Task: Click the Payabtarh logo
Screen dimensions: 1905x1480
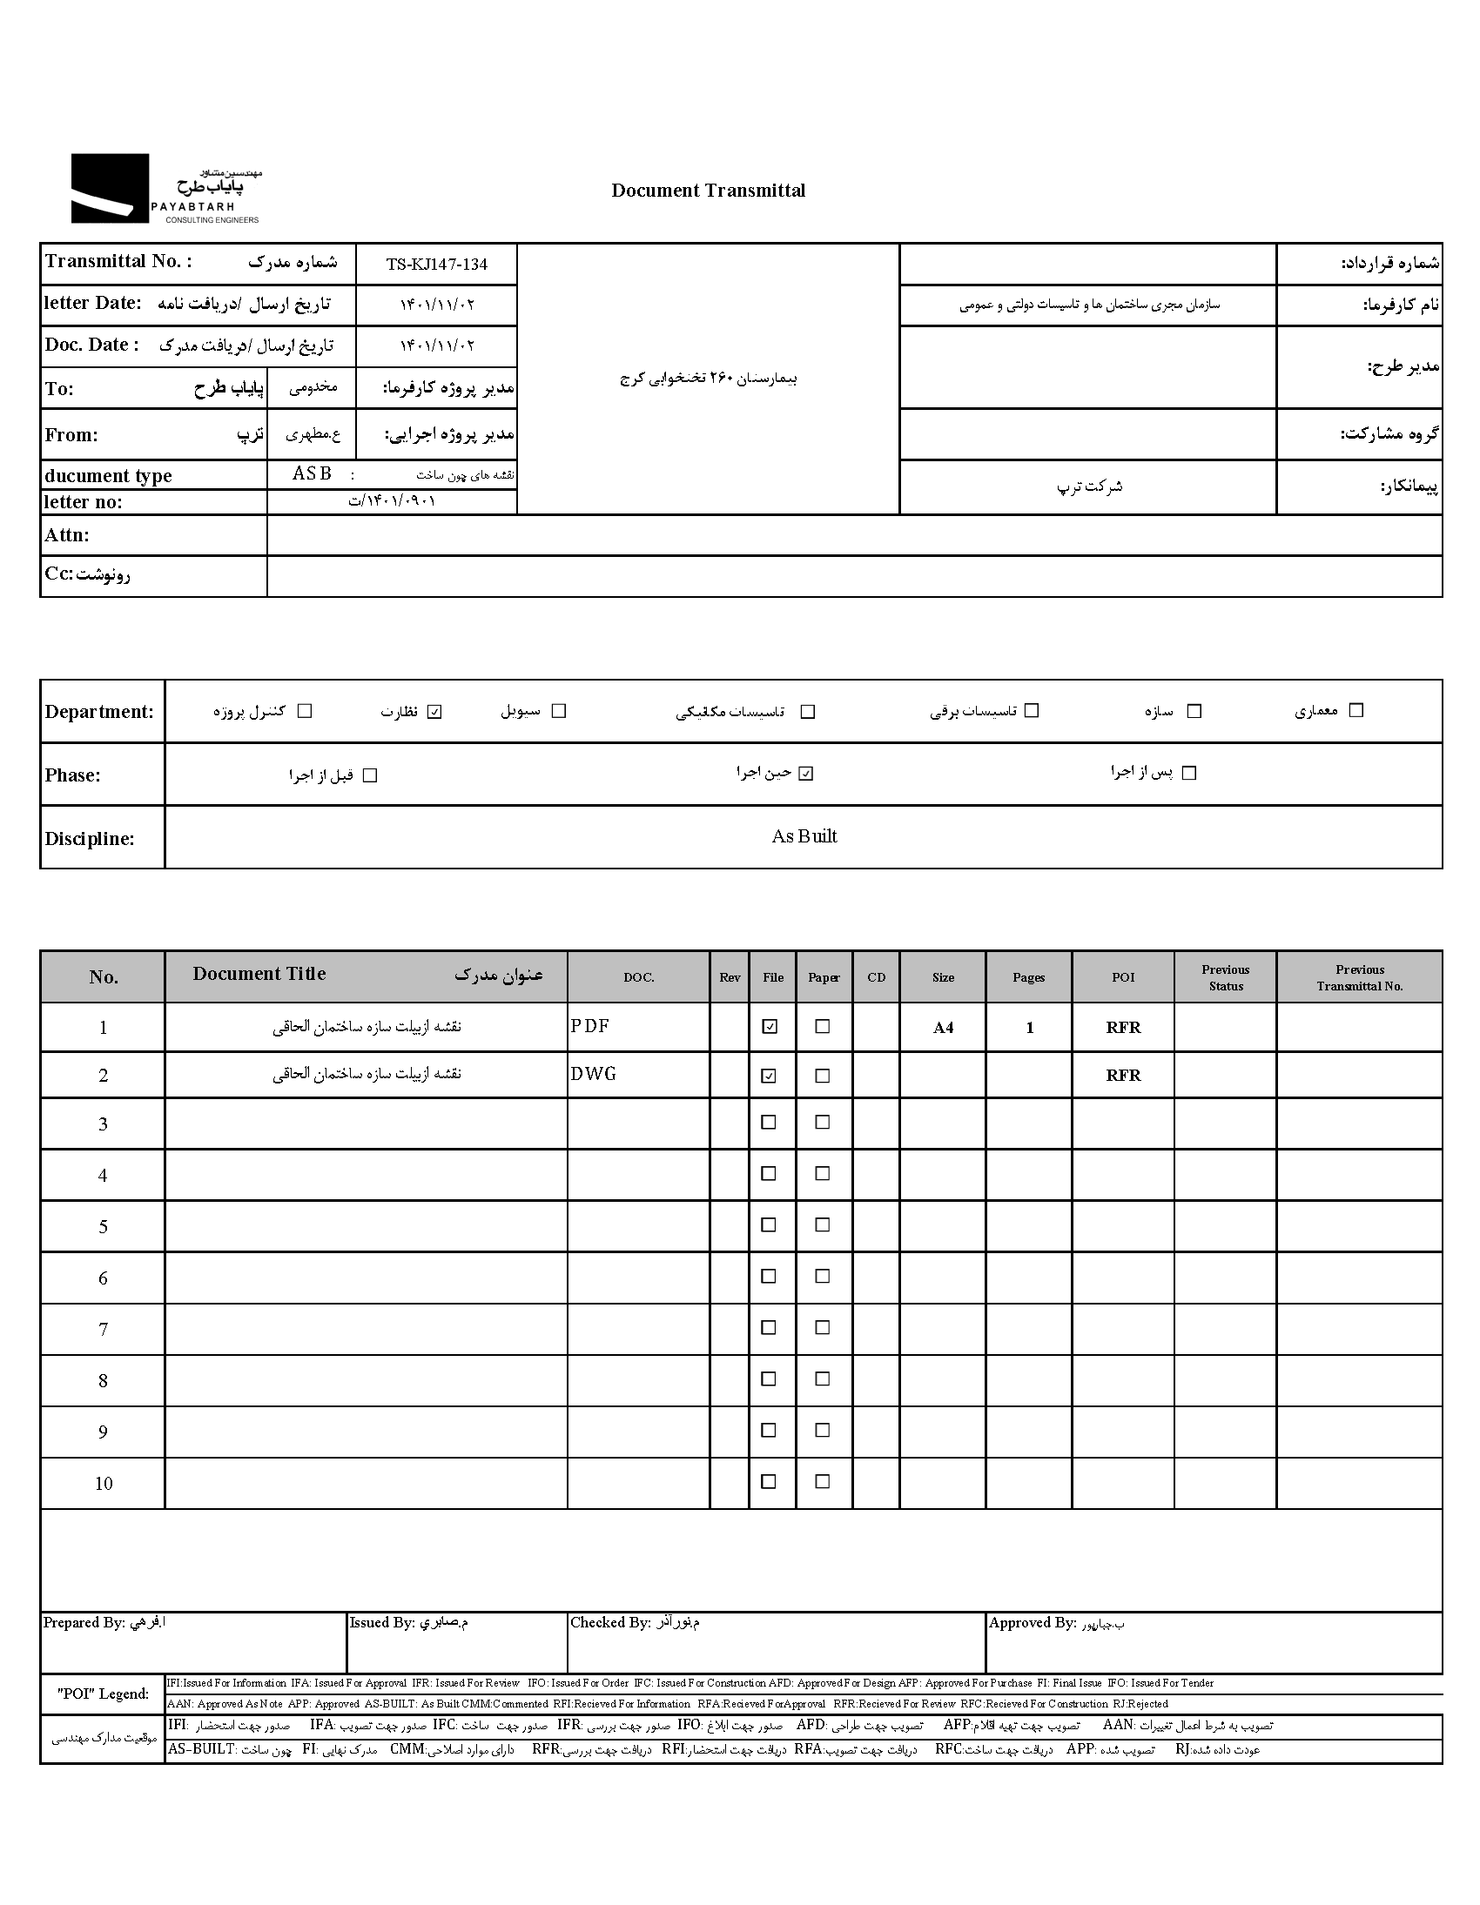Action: click(x=165, y=188)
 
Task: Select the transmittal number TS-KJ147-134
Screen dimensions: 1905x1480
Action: click(x=436, y=265)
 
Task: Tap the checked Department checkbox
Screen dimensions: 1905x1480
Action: click(x=435, y=712)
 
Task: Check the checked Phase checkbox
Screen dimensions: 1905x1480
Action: click(x=805, y=774)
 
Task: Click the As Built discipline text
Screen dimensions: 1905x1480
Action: click(x=804, y=836)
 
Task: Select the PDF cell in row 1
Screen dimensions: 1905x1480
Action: click(x=590, y=1027)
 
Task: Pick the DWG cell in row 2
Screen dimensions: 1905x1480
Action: click(x=594, y=1075)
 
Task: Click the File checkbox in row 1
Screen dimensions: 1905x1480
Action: click(x=769, y=1027)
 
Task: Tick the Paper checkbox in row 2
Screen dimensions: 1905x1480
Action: click(x=822, y=1076)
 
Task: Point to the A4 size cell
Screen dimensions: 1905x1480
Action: click(x=943, y=1028)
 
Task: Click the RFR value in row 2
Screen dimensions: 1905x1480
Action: click(x=1123, y=1076)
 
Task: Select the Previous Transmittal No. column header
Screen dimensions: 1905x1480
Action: click(x=1359, y=978)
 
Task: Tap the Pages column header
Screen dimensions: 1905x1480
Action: click(x=1028, y=978)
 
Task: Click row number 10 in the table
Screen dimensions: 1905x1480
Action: click(x=103, y=1484)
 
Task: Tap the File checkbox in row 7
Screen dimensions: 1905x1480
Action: click(x=769, y=1327)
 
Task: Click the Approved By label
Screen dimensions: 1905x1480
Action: click(x=1032, y=1622)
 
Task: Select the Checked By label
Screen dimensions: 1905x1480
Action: click(x=610, y=1622)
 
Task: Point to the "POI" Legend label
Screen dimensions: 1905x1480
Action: click(x=103, y=1694)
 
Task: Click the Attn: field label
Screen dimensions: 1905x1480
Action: click(x=67, y=535)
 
